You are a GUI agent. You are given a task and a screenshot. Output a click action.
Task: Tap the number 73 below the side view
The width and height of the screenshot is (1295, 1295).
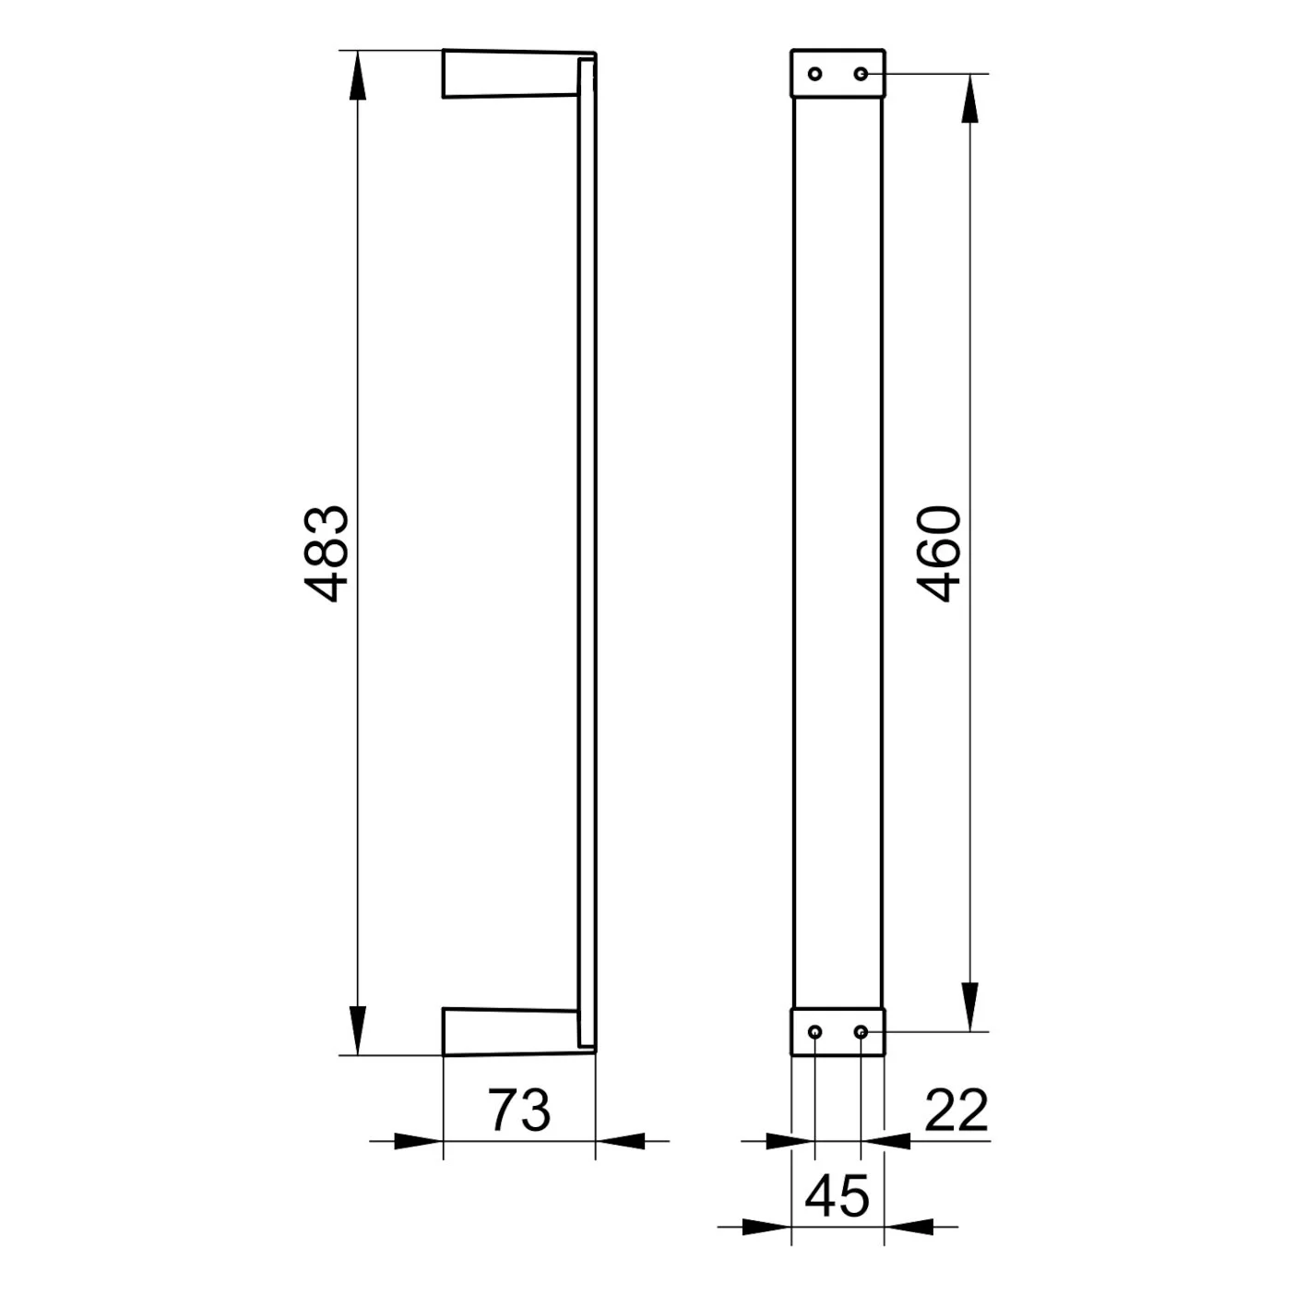pos(518,1111)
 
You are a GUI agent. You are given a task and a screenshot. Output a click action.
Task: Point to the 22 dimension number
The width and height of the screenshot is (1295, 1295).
pos(956,1111)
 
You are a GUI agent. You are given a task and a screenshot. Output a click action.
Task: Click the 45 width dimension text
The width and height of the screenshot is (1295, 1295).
pos(837,1196)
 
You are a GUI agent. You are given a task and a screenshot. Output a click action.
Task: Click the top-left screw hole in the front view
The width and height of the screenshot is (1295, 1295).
pos(815,74)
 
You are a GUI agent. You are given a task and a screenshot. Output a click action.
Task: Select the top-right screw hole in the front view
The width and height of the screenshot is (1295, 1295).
pos(861,74)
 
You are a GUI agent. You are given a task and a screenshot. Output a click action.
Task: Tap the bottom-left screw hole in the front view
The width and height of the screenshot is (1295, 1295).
pos(815,1031)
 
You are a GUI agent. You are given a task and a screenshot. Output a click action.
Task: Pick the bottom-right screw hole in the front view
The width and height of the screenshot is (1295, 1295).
pos(861,1031)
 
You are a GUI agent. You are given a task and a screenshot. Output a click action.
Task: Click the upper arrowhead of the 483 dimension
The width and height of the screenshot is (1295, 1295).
pos(358,76)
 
